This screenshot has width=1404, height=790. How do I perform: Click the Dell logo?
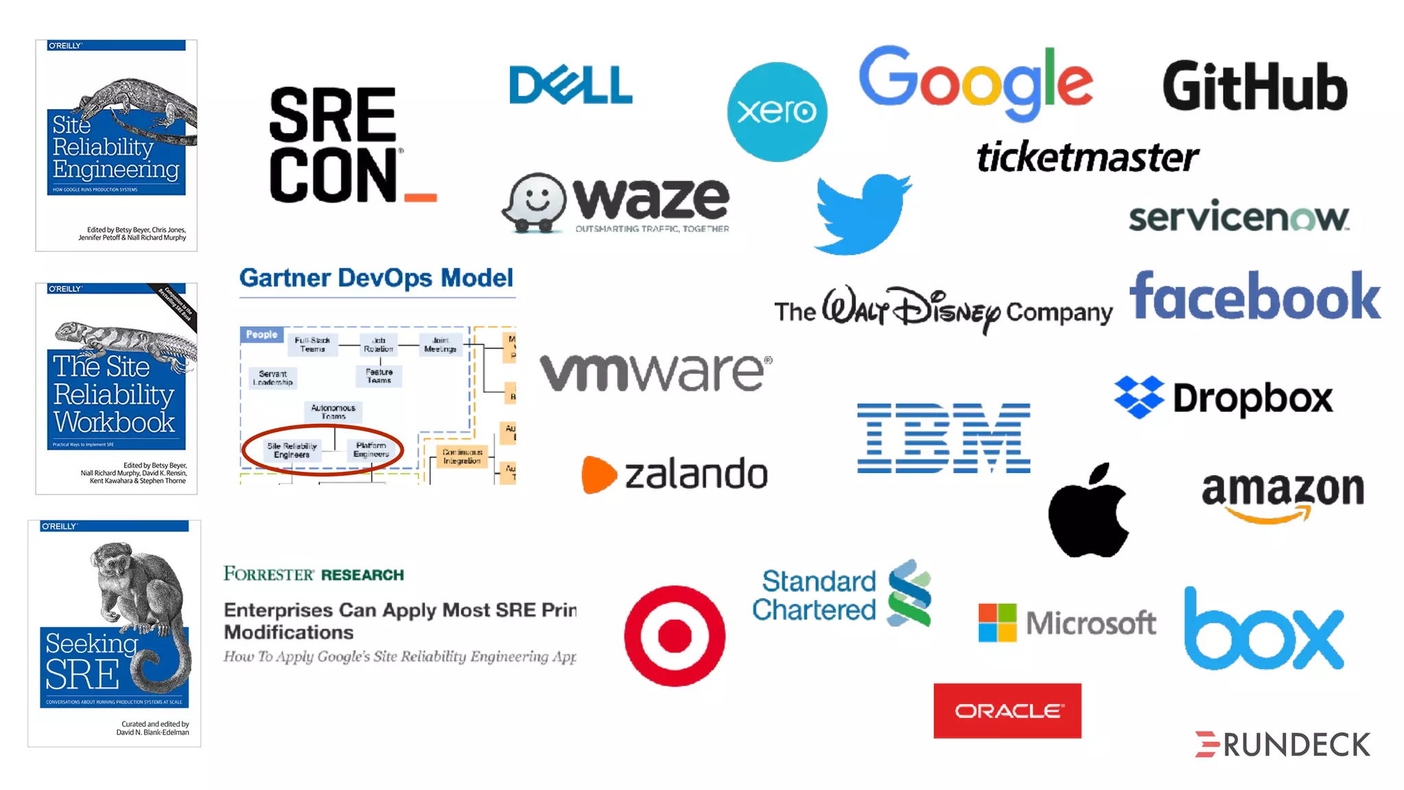point(570,85)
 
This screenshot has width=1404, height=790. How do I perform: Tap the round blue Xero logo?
point(777,112)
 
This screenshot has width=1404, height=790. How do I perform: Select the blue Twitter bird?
point(862,213)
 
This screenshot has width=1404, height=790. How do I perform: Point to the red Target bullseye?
point(675,636)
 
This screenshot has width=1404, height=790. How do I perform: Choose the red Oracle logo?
point(1007,710)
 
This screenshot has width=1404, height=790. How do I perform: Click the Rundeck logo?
point(1283,745)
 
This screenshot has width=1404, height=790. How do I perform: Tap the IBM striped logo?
point(943,438)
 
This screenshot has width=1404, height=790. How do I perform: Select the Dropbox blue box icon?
point(1139,397)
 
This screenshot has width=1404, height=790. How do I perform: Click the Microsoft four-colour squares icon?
point(997,623)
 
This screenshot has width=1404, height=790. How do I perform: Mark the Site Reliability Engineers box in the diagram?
point(292,451)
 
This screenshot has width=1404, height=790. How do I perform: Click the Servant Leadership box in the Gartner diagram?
point(273,378)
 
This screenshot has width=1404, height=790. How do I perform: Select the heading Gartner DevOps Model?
point(376,278)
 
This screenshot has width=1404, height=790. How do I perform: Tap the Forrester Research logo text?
point(313,574)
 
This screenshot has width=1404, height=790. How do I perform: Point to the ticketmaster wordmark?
point(1087,157)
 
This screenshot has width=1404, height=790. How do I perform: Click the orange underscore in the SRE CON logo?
point(420,197)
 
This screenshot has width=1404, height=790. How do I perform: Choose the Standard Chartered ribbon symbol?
point(909,594)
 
